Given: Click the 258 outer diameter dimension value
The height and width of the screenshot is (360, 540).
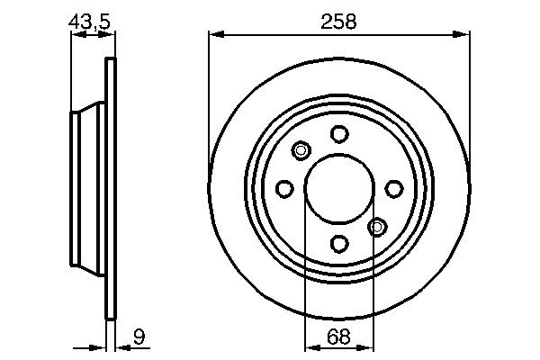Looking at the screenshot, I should [x=338, y=22].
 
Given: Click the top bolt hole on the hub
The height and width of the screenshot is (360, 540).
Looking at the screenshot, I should [x=338, y=134].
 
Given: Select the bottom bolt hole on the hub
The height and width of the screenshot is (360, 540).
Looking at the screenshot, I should [x=338, y=243].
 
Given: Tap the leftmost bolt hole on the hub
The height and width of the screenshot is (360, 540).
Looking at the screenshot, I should [x=284, y=188].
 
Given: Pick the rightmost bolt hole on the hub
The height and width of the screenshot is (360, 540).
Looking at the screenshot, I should [x=393, y=188].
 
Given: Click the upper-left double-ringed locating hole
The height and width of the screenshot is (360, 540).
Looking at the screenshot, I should [x=301, y=150].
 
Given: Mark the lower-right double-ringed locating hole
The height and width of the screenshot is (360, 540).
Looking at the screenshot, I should [x=377, y=226].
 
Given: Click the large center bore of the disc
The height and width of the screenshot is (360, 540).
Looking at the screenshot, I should [x=338, y=188].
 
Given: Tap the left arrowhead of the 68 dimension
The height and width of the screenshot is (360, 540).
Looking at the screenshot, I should [x=310, y=346].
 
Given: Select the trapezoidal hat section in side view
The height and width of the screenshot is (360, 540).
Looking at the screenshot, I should [x=88, y=188].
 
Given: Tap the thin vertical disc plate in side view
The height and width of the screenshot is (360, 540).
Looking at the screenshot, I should [x=111, y=188].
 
